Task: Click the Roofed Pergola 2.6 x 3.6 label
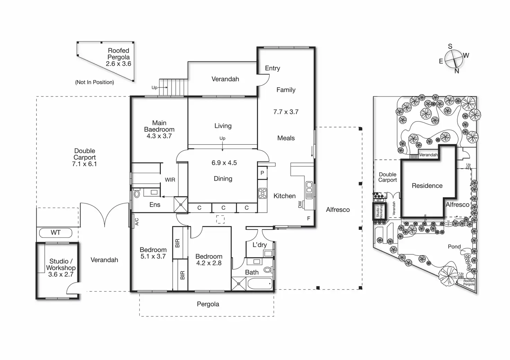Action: (118, 57)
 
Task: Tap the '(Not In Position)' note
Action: (95, 82)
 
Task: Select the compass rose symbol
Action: (454, 59)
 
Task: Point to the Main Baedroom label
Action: (159, 129)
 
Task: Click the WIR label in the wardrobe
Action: (170, 180)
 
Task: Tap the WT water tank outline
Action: (55, 233)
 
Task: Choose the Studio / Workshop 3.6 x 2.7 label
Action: (61, 268)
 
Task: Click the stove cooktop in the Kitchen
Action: (263, 193)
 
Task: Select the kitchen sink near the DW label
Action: (309, 190)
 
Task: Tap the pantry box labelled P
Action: (262, 173)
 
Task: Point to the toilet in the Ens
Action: (137, 193)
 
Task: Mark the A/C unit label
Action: (137, 221)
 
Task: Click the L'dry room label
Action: (260, 245)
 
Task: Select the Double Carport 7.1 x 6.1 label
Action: (85, 157)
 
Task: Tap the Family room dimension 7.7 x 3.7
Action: (286, 112)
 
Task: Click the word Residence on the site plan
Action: (427, 186)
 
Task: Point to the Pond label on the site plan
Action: (454, 246)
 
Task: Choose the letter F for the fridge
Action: (309, 218)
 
